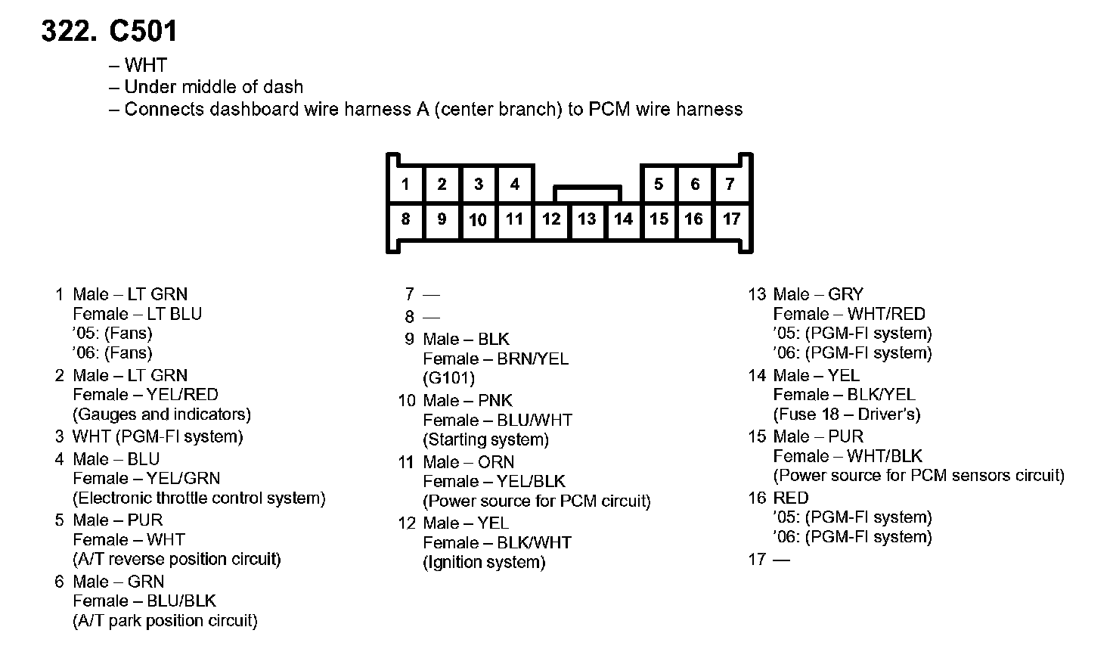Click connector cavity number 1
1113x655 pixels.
click(x=406, y=184)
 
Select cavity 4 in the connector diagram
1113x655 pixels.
click(x=515, y=184)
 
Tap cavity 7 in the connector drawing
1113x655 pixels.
click(x=730, y=184)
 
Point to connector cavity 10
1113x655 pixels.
click(x=478, y=220)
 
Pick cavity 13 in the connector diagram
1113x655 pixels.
click(x=587, y=219)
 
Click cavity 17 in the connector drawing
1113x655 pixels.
click(x=731, y=219)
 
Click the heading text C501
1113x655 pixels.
click(x=144, y=31)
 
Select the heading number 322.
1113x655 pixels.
click(x=69, y=31)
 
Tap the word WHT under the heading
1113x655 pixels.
click(x=145, y=66)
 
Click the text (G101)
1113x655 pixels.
click(x=448, y=378)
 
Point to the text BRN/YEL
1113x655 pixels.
click(x=532, y=359)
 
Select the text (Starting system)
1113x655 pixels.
click(x=485, y=439)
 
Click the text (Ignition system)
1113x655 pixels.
click(x=484, y=562)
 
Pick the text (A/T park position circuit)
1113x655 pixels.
click(x=165, y=621)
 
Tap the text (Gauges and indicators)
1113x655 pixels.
click(x=162, y=414)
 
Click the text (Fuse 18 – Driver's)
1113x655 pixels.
click(x=847, y=414)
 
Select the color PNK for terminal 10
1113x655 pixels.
click(x=495, y=400)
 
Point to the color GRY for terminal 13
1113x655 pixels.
click(x=845, y=294)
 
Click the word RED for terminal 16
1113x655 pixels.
click(x=791, y=498)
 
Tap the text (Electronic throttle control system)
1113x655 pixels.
click(x=199, y=498)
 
